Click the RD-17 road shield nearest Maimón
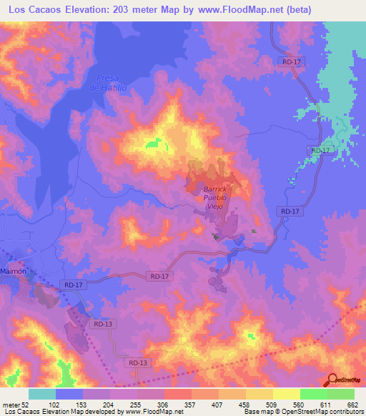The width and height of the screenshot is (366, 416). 74,285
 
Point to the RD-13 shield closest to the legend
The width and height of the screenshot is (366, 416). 139,363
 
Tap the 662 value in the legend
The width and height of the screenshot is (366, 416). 353,404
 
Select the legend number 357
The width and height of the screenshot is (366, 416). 191,404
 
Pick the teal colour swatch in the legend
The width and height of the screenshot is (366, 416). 42,394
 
